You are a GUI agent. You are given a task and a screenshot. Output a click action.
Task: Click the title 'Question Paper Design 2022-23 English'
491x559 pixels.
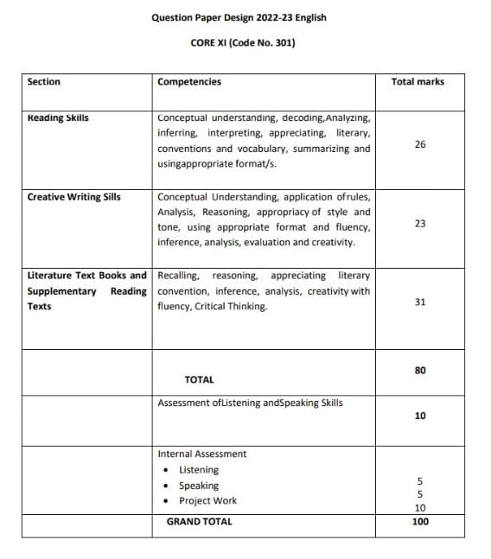[239, 17]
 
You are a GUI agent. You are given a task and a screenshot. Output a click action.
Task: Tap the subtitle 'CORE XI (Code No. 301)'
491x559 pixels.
[242, 41]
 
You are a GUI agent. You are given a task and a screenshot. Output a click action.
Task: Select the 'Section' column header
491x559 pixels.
[44, 82]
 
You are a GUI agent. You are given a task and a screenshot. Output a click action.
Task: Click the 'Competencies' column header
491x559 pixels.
[189, 82]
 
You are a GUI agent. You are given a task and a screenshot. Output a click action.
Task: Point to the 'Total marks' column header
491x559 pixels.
[418, 82]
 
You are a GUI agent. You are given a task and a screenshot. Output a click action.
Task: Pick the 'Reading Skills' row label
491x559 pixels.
[58, 118]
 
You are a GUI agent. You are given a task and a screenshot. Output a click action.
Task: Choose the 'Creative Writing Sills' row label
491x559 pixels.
[74, 196]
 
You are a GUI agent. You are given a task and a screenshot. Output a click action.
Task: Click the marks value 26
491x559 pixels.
[420, 144]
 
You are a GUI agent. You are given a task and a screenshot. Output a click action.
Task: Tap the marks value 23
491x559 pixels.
[420, 223]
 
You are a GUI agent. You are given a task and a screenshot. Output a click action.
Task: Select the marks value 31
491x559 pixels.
[420, 302]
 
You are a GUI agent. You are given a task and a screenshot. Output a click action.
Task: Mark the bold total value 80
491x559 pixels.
[420, 370]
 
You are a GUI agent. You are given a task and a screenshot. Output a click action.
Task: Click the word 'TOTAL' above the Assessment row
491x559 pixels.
[199, 379]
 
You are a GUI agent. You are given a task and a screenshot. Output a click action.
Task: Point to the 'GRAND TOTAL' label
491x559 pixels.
[199, 522]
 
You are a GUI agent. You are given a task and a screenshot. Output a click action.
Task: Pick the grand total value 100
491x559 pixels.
[420, 522]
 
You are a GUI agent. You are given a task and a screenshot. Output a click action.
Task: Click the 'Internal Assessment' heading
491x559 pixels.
[201, 454]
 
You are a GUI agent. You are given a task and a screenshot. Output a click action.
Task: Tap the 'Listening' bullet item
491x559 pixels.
[199, 470]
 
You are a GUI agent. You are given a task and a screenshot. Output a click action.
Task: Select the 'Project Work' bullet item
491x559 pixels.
[207, 501]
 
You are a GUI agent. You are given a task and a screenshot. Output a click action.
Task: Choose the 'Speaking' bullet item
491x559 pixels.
[199, 486]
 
